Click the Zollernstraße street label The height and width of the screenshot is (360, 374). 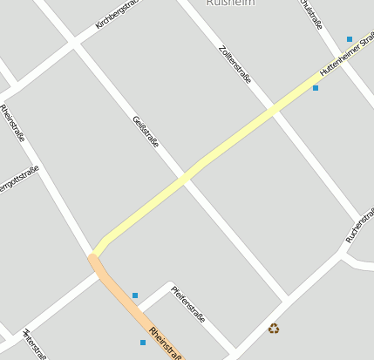[235, 64]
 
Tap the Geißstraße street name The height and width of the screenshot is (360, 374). [145, 131]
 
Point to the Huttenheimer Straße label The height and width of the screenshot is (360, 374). [346, 58]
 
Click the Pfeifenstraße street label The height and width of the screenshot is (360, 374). [187, 304]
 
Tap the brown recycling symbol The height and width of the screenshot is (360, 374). [274, 329]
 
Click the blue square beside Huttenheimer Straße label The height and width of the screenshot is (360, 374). [316, 88]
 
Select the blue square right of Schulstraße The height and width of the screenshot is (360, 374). [350, 39]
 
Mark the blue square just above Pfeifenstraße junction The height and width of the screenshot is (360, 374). [135, 295]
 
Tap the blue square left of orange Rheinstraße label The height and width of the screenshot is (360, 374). [143, 343]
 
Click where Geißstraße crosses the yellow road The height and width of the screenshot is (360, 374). [185, 178]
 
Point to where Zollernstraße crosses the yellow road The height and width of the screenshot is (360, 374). [275, 110]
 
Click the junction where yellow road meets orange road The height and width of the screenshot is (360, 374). [94, 255]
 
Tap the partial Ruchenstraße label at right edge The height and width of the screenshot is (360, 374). [359, 226]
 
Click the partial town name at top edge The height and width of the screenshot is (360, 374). [230, 3]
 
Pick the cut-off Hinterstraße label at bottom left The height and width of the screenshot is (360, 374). [34, 345]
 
